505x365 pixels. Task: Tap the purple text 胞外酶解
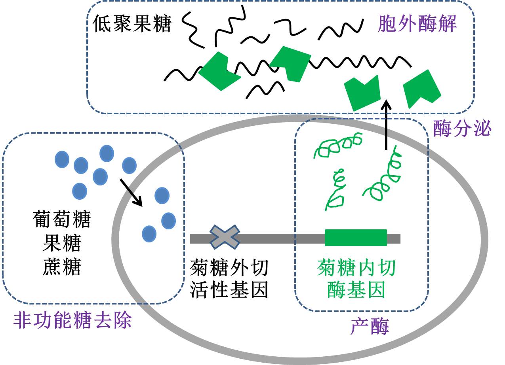point(417,25)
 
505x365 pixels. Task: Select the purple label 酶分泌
point(462,129)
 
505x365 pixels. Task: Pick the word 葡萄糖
point(61,220)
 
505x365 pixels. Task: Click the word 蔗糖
point(61,267)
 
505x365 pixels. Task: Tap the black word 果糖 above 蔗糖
point(61,244)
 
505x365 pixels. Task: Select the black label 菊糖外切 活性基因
point(229,279)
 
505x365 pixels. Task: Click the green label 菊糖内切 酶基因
point(356,279)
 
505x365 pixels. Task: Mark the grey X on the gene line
point(225,237)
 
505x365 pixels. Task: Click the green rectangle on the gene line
point(356,238)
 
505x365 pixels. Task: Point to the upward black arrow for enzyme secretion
point(386,125)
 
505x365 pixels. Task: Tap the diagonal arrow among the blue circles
point(131,192)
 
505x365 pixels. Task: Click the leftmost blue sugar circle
point(62,159)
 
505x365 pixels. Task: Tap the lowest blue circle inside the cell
point(149,234)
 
